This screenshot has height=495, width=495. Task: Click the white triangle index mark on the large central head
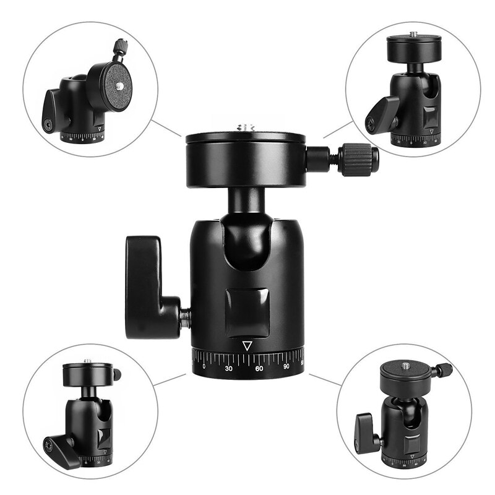pyautogui.click(x=247, y=345)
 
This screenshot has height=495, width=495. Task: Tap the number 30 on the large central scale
pyautogui.click(x=229, y=368)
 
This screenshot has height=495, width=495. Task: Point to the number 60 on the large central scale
pyautogui.click(x=259, y=368)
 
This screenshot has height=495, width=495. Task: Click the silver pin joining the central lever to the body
pyautogui.click(x=184, y=318)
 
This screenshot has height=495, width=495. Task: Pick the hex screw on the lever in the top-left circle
pyautogui.click(x=48, y=124)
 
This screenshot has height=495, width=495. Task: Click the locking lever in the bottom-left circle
pyautogui.click(x=61, y=448)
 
